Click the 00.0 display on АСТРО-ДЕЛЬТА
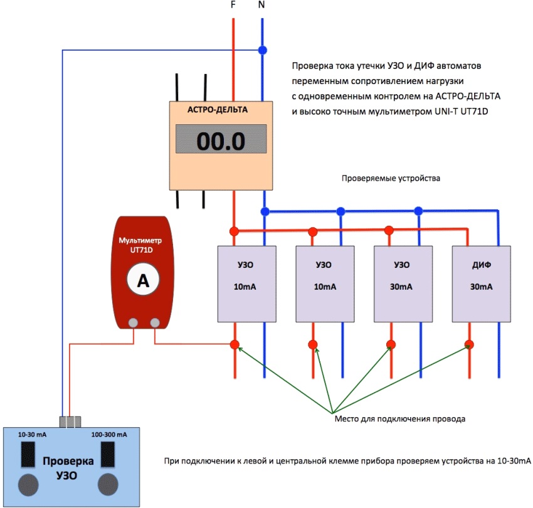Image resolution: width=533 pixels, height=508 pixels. (x=221, y=140)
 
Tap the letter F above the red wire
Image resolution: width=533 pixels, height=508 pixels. (x=233, y=5)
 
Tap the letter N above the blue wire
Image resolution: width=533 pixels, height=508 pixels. (x=262, y=5)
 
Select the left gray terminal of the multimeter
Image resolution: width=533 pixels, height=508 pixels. (x=133, y=322)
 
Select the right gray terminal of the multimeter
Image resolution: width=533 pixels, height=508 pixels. (x=154, y=322)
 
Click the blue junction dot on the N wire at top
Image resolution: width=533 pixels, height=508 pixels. (x=263, y=50)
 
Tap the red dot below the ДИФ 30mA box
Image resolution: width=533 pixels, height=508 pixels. (x=469, y=344)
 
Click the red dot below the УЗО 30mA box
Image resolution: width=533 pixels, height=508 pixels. (x=391, y=344)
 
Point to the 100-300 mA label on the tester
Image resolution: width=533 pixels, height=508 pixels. (x=109, y=435)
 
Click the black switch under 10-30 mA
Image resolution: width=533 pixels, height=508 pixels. (x=28, y=454)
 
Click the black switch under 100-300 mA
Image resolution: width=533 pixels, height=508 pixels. (x=108, y=454)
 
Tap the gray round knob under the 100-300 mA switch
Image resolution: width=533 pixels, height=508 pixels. (x=108, y=484)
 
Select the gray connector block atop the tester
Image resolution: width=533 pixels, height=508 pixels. (x=71, y=421)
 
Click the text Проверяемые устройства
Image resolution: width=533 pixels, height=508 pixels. (x=391, y=178)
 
